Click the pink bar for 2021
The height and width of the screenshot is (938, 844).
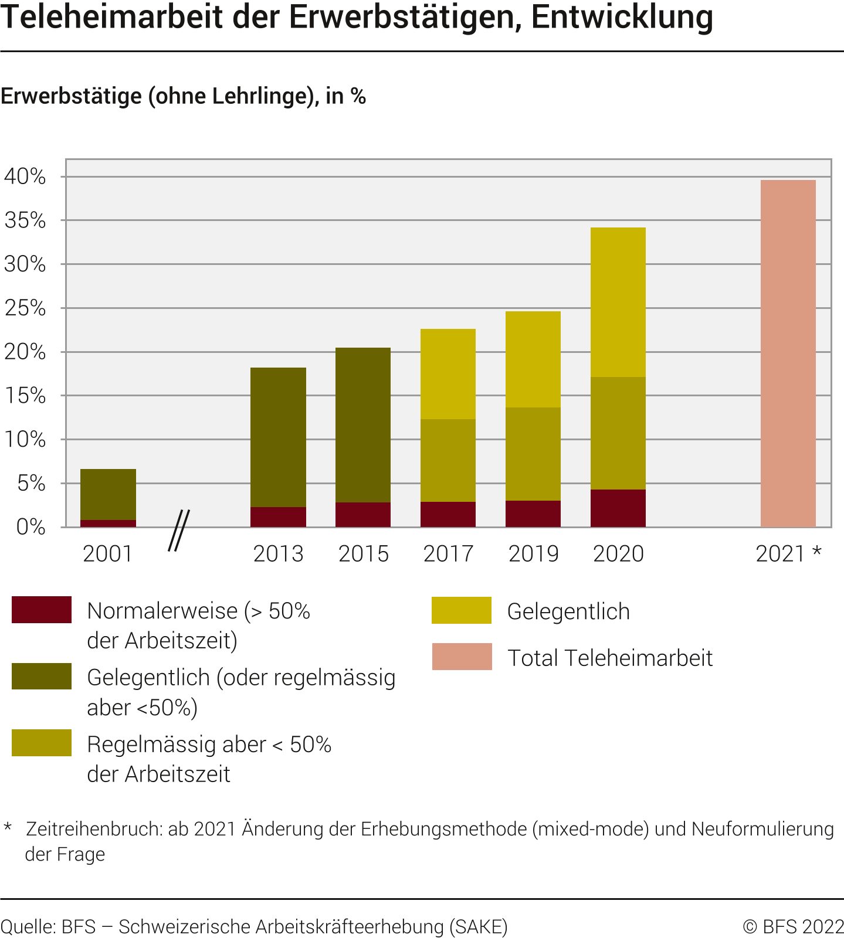[788, 354]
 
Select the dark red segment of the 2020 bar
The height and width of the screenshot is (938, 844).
[618, 508]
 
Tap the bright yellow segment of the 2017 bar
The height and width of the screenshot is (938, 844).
[448, 374]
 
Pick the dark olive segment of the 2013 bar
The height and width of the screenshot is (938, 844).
[278, 437]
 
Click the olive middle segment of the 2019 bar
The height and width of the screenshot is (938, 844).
[533, 454]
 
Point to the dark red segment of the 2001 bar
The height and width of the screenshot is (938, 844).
[108, 524]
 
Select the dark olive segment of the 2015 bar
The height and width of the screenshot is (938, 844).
[362, 425]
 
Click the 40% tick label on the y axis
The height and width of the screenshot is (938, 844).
[25, 176]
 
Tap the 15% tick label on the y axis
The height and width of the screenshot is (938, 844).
[25, 396]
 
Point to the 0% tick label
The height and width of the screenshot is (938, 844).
[30, 527]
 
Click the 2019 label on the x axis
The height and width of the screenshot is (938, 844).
[533, 554]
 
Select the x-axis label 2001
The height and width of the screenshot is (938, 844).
[108, 554]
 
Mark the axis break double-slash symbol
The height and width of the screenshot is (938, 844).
[179, 531]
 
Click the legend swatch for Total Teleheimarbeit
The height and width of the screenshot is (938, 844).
[462, 657]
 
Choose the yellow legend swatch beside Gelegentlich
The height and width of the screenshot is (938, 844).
[461, 610]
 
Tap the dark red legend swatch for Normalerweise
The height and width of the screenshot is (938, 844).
[42, 610]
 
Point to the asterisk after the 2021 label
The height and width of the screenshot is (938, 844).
[816, 552]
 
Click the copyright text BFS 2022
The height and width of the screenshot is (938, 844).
[793, 927]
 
